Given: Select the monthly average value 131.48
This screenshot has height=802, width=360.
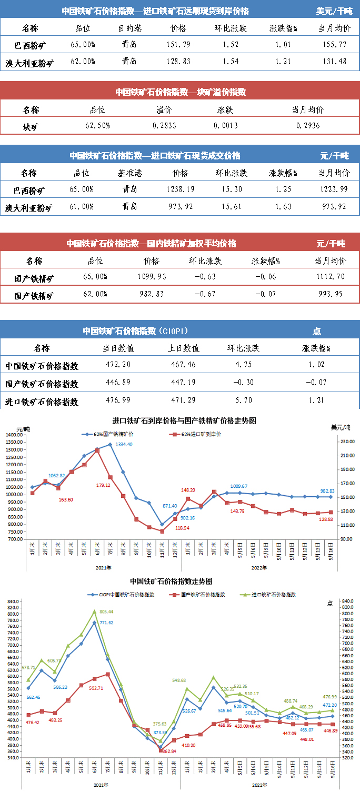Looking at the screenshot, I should click(335, 61).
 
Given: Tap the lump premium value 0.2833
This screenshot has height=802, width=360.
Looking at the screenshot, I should click(164, 126).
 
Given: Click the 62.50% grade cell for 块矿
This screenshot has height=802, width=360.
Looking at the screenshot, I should click(97, 126).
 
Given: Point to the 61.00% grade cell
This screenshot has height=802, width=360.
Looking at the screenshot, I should click(82, 207).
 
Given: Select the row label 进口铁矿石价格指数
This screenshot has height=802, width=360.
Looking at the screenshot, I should click(42, 402).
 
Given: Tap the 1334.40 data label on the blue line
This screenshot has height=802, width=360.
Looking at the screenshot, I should click(124, 445).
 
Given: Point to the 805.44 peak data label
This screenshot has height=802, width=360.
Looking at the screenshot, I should click(106, 611).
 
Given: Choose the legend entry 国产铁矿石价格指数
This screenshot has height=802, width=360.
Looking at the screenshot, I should click(200, 594).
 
